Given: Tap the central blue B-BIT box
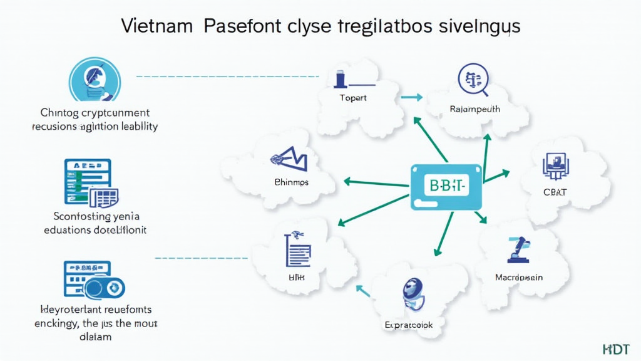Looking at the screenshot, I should click(x=446, y=186).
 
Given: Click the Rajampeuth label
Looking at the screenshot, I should click(x=474, y=109).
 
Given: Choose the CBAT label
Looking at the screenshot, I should click(x=555, y=192).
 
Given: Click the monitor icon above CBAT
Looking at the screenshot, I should click(x=554, y=164).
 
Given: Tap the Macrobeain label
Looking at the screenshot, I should click(x=518, y=277).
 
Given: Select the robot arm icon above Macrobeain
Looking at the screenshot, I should click(x=519, y=249).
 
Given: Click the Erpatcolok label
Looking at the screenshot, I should click(x=408, y=326).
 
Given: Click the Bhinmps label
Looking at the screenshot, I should click(x=291, y=182).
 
